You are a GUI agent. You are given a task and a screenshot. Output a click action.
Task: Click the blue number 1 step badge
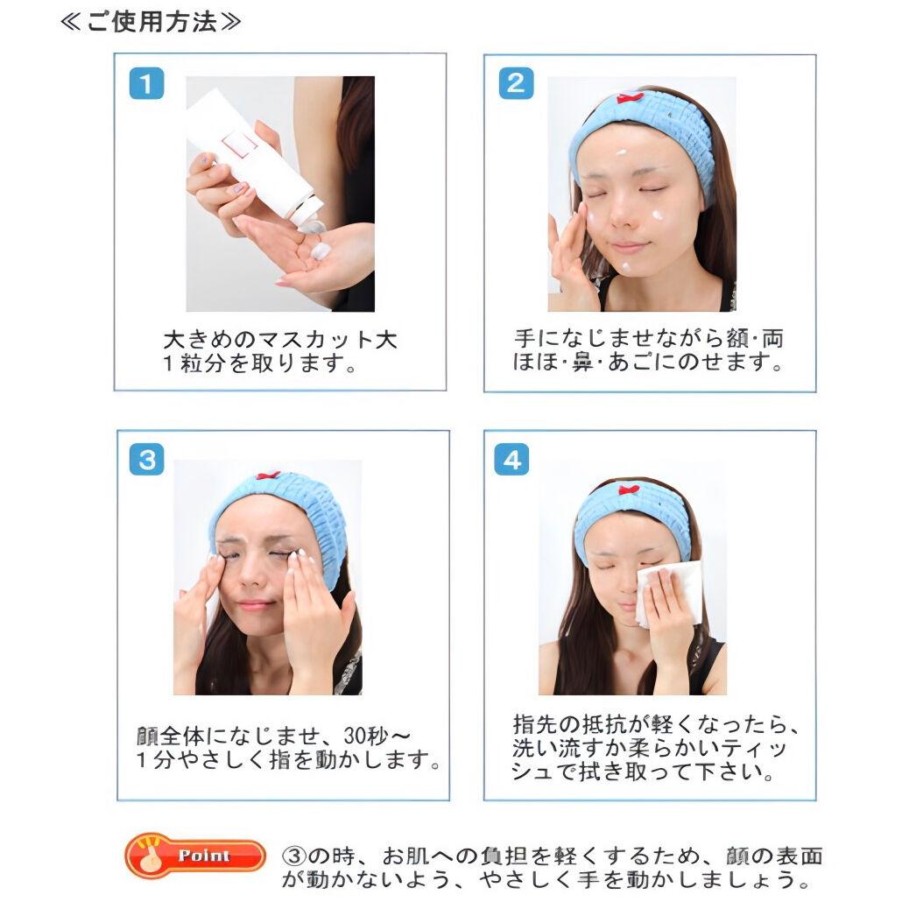tap(146, 83)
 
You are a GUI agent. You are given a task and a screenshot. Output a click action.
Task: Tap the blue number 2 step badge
tap(516, 83)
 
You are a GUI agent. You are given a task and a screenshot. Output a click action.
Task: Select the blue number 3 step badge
tap(146, 459)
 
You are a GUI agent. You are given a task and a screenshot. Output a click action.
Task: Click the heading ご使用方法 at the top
tap(151, 22)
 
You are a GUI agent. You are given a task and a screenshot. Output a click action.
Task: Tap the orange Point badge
tap(195, 856)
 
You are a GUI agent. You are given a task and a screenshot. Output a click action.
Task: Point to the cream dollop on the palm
tap(320, 250)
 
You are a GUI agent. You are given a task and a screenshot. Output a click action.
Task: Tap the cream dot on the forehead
tap(621, 152)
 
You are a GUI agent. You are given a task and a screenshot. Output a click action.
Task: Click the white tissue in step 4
tap(670, 594)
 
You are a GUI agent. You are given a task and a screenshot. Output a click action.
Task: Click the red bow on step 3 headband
tap(268, 476)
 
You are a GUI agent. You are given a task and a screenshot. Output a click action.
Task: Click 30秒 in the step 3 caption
tap(364, 736)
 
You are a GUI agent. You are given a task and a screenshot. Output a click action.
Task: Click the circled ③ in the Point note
tap(293, 856)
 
